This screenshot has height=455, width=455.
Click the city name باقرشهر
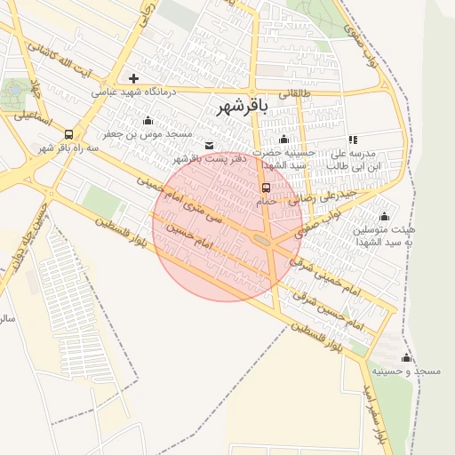tap(241, 108)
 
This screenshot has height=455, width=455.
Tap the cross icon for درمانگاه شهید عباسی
tap(133, 78)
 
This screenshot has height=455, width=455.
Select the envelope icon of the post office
tap(209, 145)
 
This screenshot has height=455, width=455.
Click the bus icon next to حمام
tap(266, 187)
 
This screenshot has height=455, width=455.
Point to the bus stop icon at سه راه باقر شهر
tap(68, 134)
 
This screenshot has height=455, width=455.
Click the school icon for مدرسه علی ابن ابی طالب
tap(354, 140)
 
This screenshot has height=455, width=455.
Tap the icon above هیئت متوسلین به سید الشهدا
tap(384, 216)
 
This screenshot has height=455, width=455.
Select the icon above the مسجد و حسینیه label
tap(407, 357)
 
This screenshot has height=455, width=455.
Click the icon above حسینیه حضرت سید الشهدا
tap(283, 139)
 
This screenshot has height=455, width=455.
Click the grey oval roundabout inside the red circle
tap(261, 239)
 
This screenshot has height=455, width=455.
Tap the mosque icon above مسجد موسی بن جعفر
tap(148, 120)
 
